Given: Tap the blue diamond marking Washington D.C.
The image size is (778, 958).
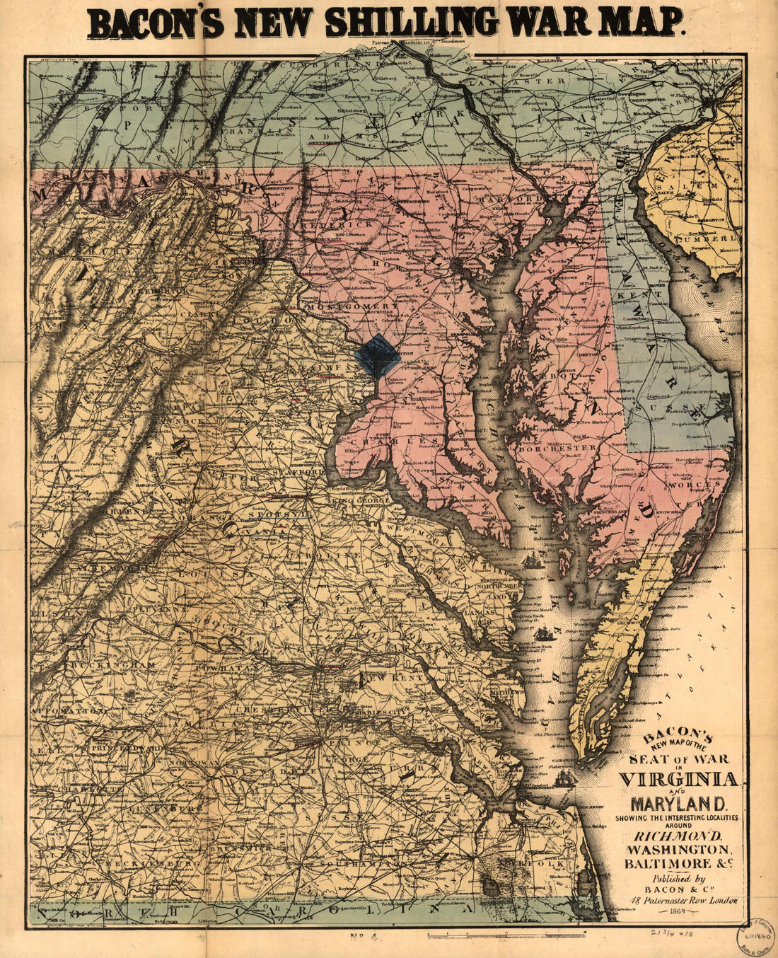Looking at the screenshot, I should point(378,356).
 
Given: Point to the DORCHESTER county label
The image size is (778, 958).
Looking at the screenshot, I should point(557,449).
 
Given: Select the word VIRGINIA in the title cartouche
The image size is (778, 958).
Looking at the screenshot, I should point(678,779).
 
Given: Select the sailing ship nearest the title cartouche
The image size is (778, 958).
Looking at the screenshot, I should point(567,778).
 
